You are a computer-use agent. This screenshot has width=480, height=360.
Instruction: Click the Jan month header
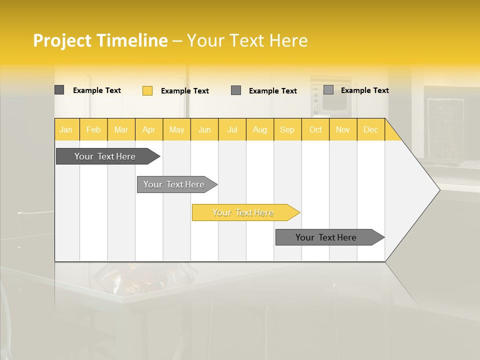(66, 129)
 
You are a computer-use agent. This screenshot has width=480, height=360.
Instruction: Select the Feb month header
(93, 129)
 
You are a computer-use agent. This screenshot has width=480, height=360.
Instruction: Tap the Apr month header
(148, 129)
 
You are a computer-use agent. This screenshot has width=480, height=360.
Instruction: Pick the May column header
(176, 129)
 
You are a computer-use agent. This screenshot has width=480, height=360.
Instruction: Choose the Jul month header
(232, 129)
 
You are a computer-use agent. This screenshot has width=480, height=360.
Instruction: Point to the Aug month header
(260, 129)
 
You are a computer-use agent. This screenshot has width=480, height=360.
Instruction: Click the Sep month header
(287, 129)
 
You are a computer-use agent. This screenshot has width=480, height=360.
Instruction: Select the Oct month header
(315, 129)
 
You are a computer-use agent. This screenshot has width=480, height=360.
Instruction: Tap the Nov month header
(343, 129)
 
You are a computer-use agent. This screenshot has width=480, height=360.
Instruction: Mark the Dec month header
(370, 129)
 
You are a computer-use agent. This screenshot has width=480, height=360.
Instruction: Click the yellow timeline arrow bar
(243, 212)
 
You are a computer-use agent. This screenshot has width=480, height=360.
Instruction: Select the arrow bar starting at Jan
(105, 156)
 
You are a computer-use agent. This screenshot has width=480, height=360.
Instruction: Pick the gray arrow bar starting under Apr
(174, 184)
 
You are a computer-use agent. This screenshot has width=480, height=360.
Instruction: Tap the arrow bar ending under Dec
(326, 237)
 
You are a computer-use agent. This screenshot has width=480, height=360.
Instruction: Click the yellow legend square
(147, 90)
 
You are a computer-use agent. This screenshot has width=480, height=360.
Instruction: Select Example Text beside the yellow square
(185, 91)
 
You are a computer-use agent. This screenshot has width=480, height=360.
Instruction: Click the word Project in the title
(62, 40)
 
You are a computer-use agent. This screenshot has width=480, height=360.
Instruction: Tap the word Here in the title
(289, 40)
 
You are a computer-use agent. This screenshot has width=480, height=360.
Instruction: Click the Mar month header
(121, 129)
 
